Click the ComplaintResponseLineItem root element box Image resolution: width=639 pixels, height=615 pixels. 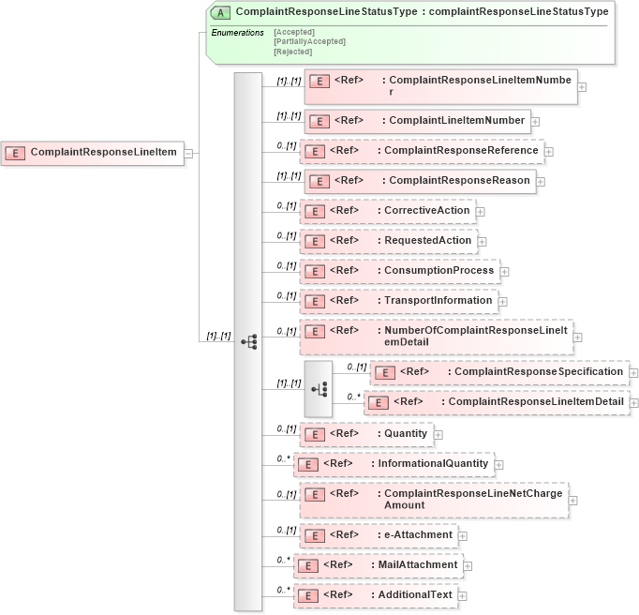91,152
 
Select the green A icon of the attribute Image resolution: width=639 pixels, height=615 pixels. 221,12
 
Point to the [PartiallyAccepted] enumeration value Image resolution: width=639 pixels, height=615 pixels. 309,41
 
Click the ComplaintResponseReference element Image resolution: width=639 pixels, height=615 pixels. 421,150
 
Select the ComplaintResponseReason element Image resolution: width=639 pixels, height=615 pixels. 419,180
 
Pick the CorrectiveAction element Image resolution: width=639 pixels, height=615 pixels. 387,210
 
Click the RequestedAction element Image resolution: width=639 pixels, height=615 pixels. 388,240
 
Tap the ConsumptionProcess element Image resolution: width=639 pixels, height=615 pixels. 398,270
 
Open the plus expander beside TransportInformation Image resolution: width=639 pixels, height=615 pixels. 503,302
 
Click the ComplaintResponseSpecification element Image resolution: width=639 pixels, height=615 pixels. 498,371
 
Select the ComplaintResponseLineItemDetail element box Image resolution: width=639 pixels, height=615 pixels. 500,401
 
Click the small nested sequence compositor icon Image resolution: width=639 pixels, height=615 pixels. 319,387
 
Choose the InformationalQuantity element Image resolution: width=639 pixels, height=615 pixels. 393,463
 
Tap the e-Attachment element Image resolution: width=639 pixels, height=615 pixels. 378,534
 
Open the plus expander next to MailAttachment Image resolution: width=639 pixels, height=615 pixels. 468,566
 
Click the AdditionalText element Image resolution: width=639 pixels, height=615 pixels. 375,594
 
